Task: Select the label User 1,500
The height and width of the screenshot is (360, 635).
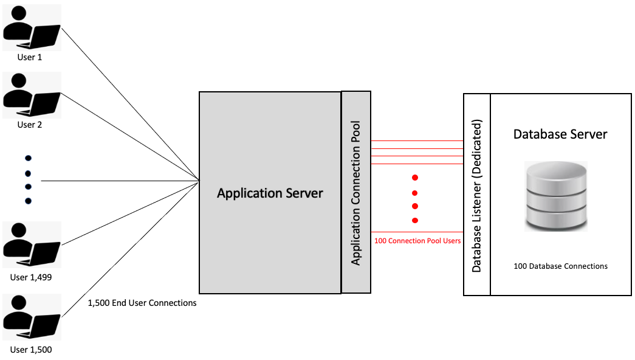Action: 31,350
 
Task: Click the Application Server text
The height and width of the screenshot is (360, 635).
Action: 270,193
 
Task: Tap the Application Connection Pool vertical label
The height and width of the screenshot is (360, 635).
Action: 356,193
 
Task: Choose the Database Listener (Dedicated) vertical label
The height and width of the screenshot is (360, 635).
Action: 477,195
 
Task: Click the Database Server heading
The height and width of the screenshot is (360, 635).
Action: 560,134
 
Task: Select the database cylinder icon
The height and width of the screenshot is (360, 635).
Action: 556,196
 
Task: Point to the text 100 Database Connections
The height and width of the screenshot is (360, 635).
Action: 560,266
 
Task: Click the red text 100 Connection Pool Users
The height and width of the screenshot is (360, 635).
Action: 417,241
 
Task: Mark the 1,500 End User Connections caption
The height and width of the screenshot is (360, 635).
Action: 142,303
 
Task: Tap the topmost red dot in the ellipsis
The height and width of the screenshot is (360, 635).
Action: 415,178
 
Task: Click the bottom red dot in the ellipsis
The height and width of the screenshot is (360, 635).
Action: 415,220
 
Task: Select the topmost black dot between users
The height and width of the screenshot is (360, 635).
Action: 27,158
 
